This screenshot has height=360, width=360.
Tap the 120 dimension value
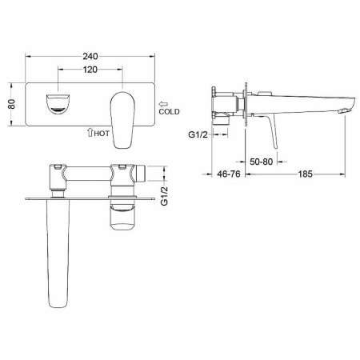pos(90,70)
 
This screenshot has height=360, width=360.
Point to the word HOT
pos(101,134)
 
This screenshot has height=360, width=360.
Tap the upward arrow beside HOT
pos(89,134)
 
